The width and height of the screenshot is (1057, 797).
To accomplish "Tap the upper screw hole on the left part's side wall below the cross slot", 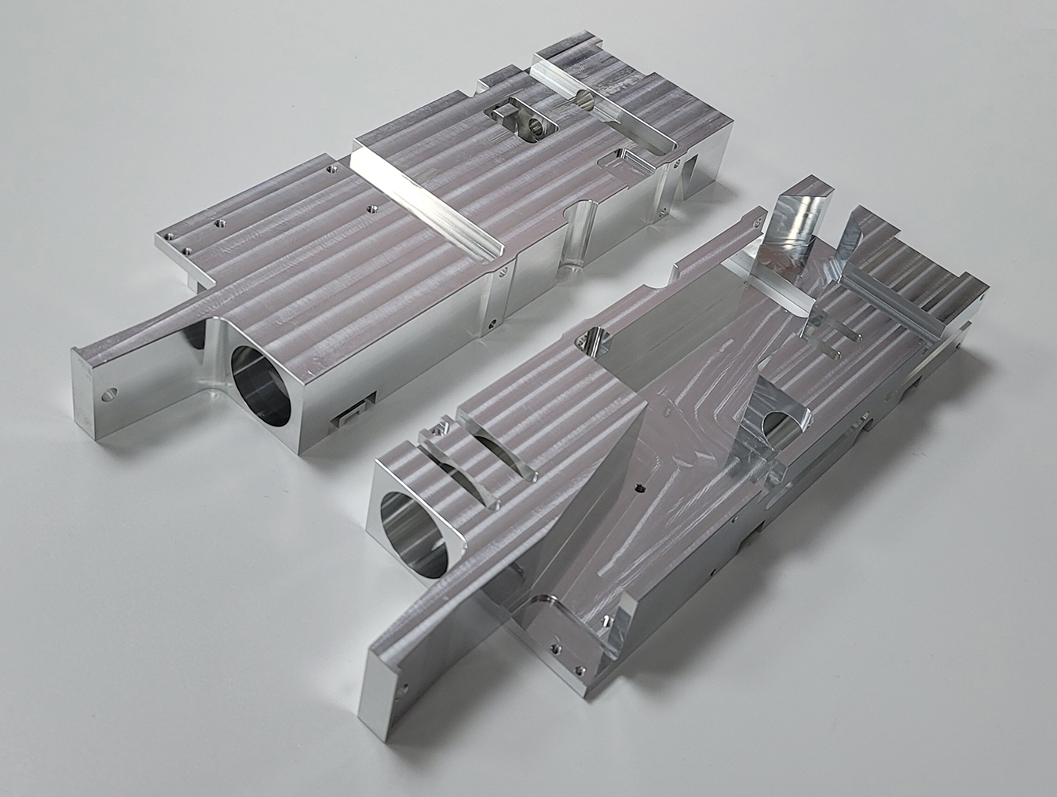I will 500,274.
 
